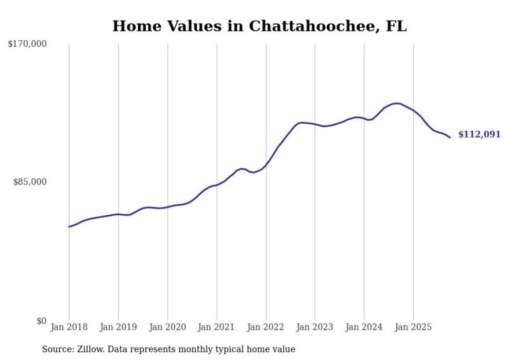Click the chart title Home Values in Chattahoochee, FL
pos(259,26)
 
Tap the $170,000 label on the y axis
pos(27,44)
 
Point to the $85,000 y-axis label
pos(29,182)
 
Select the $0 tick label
pos(41,321)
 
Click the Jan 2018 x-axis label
pos(69,327)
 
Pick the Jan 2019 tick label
pos(118,327)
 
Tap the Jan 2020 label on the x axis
pos(167,327)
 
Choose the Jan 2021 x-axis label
pos(216,327)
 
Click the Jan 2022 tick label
pos(266,327)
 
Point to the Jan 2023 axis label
pos(315,327)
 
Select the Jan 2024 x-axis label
pos(364,327)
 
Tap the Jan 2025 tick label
pos(413,327)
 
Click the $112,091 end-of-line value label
pos(479,135)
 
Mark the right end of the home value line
pos(450,138)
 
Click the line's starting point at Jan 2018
pos(69,227)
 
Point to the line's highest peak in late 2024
pos(396,104)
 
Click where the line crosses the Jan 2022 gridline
pos(266,165)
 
